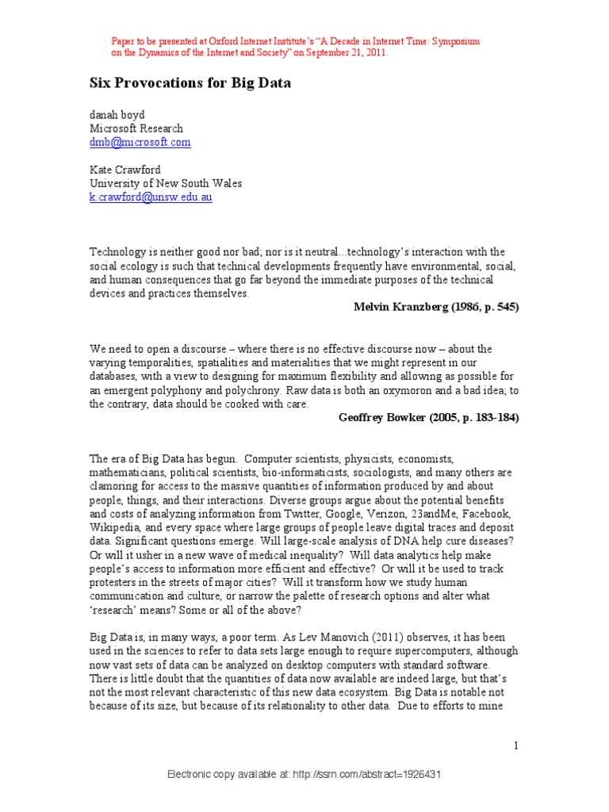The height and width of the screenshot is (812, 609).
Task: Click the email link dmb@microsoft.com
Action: point(140,142)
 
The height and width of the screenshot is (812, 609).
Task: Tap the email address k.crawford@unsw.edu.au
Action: point(151,197)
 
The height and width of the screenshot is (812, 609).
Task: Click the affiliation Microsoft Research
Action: point(136,128)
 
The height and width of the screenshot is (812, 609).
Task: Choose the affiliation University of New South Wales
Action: point(165,183)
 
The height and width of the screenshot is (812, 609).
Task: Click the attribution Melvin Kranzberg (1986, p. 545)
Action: point(436,308)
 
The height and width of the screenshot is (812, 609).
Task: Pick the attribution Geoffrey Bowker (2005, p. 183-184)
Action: point(428,418)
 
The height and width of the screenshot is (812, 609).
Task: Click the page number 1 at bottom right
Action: point(515,745)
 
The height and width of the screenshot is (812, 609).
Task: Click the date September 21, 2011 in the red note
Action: point(350,52)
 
